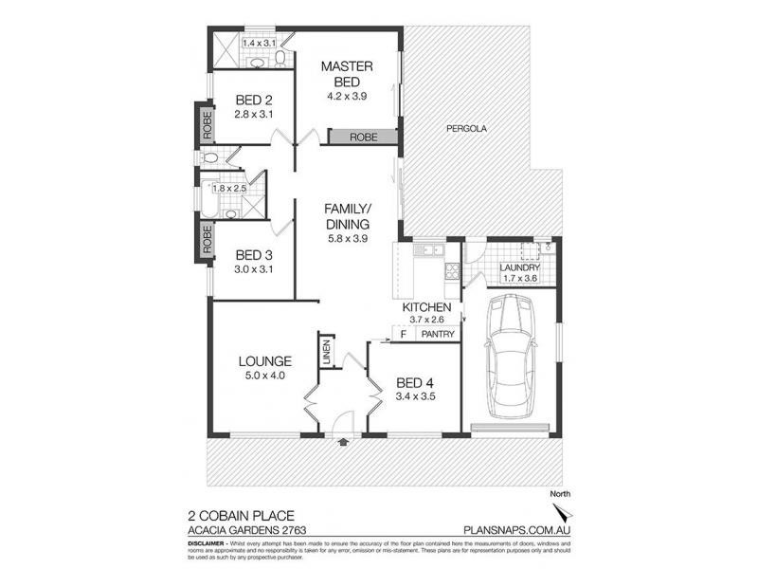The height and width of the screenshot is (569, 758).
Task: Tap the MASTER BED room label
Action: click(x=347, y=74)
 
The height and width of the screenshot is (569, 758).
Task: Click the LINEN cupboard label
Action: click(x=325, y=352)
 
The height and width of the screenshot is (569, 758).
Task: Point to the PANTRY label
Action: click(x=437, y=334)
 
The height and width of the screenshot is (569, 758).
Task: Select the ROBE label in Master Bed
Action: click(x=362, y=138)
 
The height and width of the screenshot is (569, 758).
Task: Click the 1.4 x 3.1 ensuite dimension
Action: click(x=257, y=44)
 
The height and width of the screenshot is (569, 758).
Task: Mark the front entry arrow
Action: click(x=342, y=441)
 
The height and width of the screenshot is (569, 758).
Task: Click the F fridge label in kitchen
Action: click(x=403, y=334)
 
